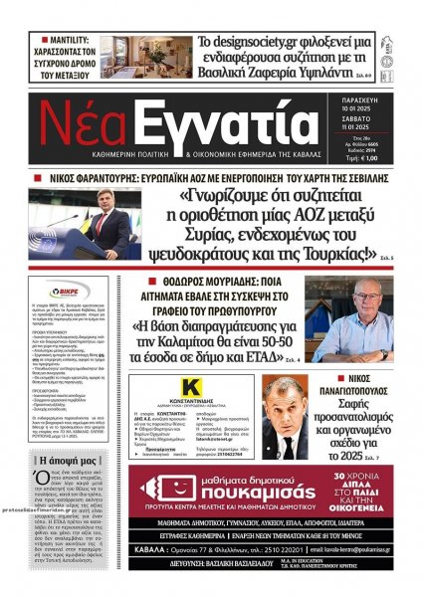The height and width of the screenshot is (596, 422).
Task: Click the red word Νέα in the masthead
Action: (x=76, y=124)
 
